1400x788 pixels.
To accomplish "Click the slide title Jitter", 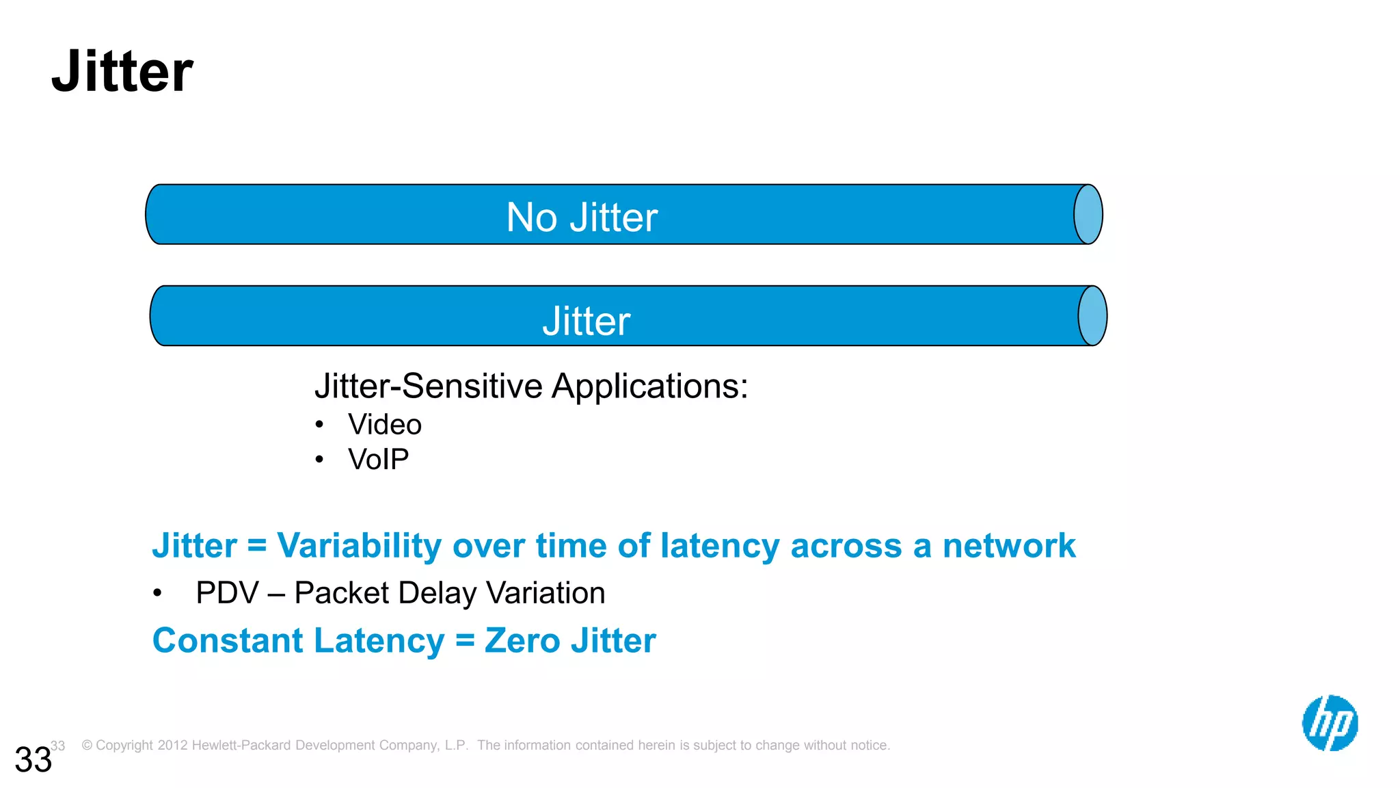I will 122,72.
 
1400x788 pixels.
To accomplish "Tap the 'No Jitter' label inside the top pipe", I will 582,218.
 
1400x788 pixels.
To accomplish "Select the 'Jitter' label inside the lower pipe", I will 586,321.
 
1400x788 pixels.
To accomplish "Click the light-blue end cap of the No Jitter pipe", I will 1088,214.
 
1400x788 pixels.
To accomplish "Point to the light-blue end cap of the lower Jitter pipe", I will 1092,316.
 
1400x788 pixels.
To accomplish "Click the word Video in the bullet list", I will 385,425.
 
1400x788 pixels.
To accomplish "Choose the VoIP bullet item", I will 378,459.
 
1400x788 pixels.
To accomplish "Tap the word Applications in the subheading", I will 649,386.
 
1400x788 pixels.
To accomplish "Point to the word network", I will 1009,546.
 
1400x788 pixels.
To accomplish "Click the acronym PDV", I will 227,593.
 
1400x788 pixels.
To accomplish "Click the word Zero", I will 522,641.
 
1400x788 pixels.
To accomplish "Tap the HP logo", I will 1330,723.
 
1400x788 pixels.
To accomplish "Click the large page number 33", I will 33,760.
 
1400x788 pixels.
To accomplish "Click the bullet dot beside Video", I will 319,425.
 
